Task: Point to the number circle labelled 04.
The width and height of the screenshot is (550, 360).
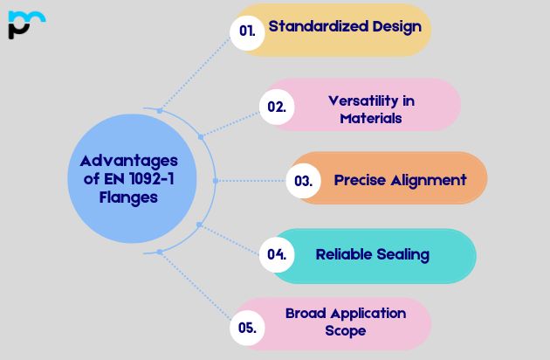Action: click(277, 255)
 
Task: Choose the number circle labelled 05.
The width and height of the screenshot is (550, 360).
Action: click(246, 329)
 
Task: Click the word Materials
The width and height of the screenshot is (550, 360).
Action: click(371, 117)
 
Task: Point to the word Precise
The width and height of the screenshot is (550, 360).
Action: click(359, 180)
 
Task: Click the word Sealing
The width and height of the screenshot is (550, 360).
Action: click(403, 254)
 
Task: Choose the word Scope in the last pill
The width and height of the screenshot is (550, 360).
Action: click(345, 330)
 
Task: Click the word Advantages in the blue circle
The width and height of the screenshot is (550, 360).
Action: click(128, 161)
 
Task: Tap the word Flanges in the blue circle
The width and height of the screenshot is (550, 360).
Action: click(128, 197)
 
